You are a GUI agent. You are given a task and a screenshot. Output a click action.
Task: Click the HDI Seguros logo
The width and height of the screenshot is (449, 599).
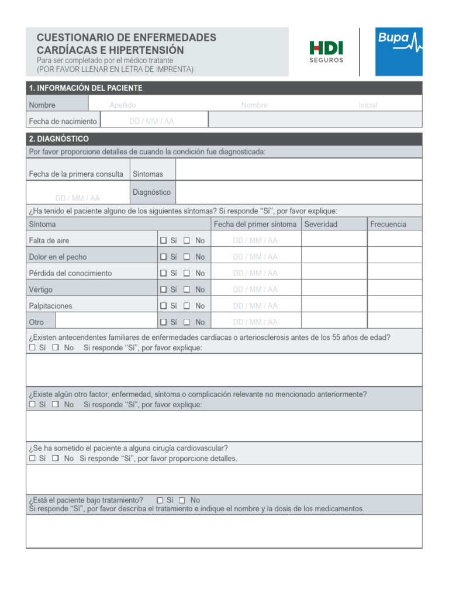click(326, 51)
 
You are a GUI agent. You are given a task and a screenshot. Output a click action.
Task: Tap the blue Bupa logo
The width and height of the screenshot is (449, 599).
click(398, 51)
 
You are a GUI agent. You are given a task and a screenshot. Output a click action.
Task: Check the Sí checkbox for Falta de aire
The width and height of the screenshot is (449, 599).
click(164, 240)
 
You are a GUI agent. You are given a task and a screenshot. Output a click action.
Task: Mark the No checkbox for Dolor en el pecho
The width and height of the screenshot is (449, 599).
click(186, 257)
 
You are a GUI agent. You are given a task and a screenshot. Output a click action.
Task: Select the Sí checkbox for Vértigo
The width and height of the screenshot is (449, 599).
click(164, 290)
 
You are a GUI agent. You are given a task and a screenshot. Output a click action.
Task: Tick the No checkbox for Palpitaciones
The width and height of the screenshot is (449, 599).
click(186, 306)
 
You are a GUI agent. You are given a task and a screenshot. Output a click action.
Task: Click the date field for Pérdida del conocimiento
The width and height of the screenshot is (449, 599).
click(255, 273)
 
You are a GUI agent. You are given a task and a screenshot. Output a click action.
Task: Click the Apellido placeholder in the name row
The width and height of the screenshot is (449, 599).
click(123, 105)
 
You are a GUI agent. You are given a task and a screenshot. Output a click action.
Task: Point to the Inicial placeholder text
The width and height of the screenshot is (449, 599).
click(368, 105)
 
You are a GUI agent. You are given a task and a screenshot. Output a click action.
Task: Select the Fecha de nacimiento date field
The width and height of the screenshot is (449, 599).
click(152, 122)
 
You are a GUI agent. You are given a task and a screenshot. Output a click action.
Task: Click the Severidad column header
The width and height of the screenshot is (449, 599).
click(320, 224)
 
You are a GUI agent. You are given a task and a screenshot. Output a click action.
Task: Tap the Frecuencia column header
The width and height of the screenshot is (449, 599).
click(388, 224)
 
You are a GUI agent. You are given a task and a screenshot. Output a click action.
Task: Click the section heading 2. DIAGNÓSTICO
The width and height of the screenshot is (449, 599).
click(59, 139)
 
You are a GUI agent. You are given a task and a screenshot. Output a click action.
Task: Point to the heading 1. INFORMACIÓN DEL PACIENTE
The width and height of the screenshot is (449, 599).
click(85, 88)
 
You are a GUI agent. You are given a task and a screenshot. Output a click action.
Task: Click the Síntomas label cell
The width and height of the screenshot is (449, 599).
click(148, 174)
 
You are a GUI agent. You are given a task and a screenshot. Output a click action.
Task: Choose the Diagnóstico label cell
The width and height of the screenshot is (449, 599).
click(151, 192)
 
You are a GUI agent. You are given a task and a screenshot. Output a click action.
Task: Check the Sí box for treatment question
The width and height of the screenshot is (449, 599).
click(160, 500)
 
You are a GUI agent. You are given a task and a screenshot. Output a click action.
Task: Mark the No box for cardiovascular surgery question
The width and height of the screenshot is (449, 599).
click(56, 459)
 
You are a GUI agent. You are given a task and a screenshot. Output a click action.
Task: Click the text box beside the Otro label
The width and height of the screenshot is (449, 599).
click(106, 322)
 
